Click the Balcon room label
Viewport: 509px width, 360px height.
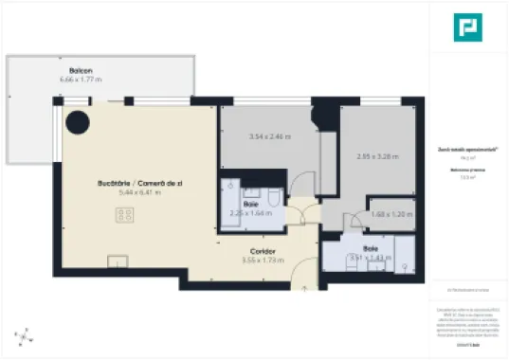coord(81,71)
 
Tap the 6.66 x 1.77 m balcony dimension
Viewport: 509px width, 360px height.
coord(81,80)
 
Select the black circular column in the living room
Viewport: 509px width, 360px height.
coord(78,121)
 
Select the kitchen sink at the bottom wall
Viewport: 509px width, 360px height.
coord(118,261)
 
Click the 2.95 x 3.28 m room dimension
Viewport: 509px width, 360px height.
coord(377,156)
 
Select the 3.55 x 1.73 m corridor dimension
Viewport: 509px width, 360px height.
coord(263,260)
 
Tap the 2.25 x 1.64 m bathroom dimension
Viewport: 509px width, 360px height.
coord(250,213)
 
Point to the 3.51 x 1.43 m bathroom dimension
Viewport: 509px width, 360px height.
coord(370,256)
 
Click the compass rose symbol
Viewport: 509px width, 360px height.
coord(27,335)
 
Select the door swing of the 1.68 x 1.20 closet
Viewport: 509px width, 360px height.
coord(356,223)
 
